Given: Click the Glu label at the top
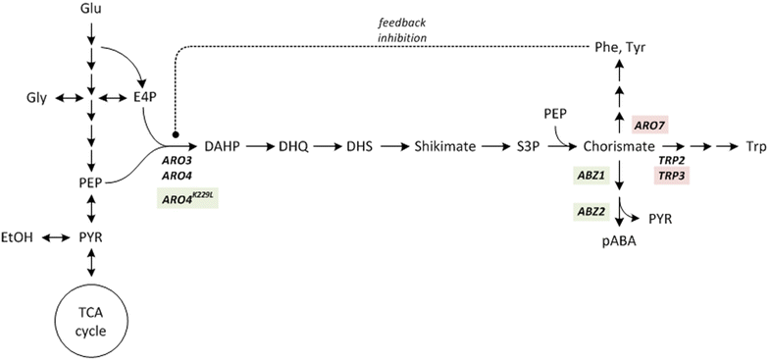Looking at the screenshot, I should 89,10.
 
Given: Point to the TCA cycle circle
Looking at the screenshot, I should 89,319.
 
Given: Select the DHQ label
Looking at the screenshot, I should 293,145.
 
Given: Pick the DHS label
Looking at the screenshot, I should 357,145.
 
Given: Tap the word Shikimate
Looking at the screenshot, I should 442,145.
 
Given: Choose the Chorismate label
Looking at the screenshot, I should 619,145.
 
